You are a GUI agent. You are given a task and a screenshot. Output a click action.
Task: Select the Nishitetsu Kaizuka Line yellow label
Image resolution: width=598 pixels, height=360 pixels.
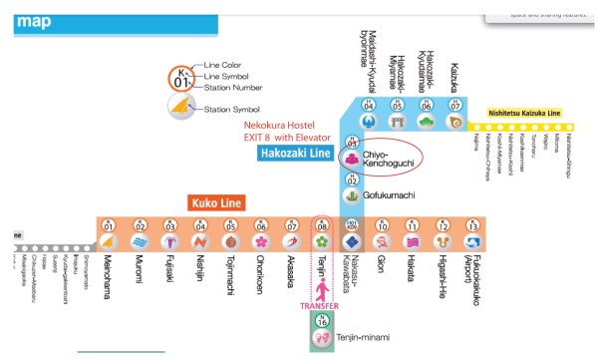point(527,113)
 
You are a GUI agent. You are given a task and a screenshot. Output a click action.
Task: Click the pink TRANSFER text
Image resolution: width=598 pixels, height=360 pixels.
point(320,306)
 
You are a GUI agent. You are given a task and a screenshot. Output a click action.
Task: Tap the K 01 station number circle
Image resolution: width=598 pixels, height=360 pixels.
point(109,224)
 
